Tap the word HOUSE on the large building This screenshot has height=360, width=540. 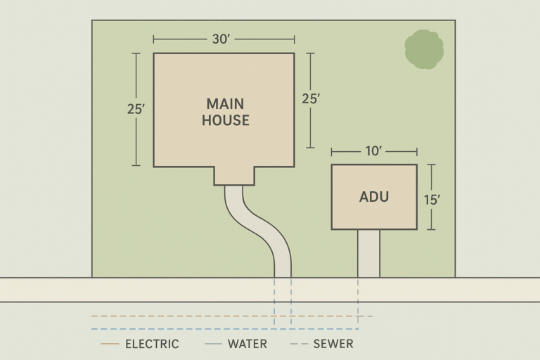[226, 120]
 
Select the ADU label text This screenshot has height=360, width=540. [374, 197]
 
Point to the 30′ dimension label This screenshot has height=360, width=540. [221, 39]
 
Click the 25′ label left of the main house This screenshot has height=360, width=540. [136, 109]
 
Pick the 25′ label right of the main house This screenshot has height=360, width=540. [311, 99]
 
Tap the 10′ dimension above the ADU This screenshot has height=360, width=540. [373, 151]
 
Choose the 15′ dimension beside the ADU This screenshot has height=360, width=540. [432, 200]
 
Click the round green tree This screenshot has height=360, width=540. [424, 49]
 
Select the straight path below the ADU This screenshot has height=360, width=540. [368, 253]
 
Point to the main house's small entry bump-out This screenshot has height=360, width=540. [234, 176]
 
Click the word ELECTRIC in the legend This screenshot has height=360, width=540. [152, 344]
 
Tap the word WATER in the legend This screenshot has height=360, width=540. [247, 344]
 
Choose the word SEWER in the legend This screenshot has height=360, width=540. [333, 344]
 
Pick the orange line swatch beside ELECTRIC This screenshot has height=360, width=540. [110, 344]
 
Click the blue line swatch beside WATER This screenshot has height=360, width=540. [213, 344]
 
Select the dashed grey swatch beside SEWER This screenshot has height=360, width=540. [299, 344]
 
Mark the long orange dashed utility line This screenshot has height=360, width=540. [232, 316]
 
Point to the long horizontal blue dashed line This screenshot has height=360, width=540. [224, 329]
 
